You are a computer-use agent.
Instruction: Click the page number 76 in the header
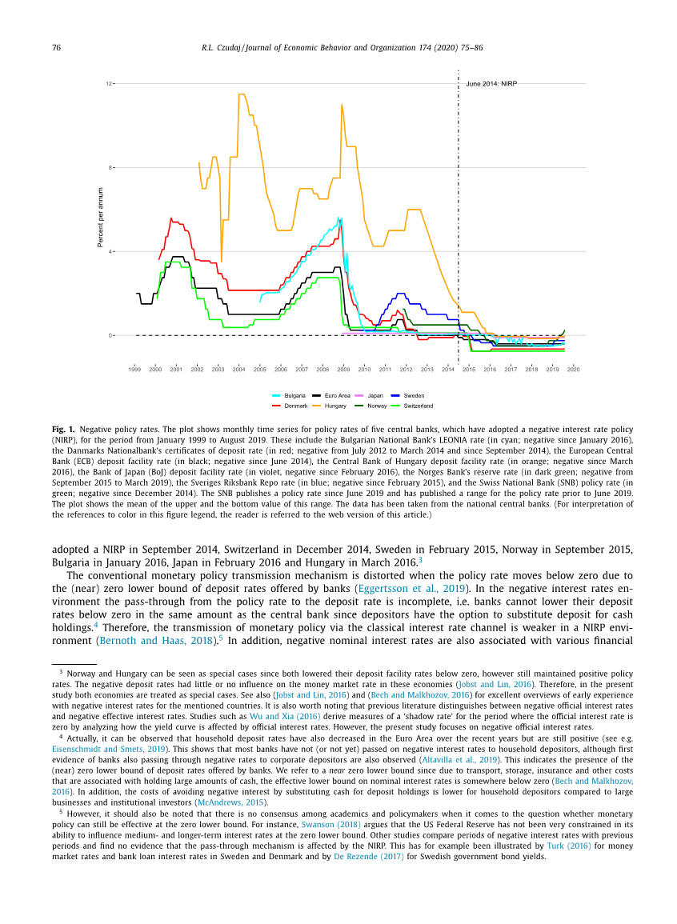coord(56,48)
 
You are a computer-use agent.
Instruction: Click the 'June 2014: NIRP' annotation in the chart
coord(491,83)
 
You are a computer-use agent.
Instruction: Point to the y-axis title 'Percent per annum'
coord(101,218)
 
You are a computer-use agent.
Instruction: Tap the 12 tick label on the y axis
coord(109,83)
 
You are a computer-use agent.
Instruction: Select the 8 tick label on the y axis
coord(110,167)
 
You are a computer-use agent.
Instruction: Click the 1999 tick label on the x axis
coord(134,369)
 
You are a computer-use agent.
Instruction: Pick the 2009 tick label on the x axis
coord(343,369)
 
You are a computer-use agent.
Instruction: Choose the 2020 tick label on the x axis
coord(573,369)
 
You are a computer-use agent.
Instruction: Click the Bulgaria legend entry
coord(294,395)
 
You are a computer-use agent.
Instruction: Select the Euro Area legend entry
coord(337,395)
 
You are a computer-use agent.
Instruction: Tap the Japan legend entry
coord(375,395)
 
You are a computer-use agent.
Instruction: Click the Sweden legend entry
coord(414,395)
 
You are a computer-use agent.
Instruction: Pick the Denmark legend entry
coord(295,406)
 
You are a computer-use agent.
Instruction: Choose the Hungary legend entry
coord(335,406)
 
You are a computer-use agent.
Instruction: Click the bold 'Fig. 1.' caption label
coord(64,430)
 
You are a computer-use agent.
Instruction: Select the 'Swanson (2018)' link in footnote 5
coord(330,823)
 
